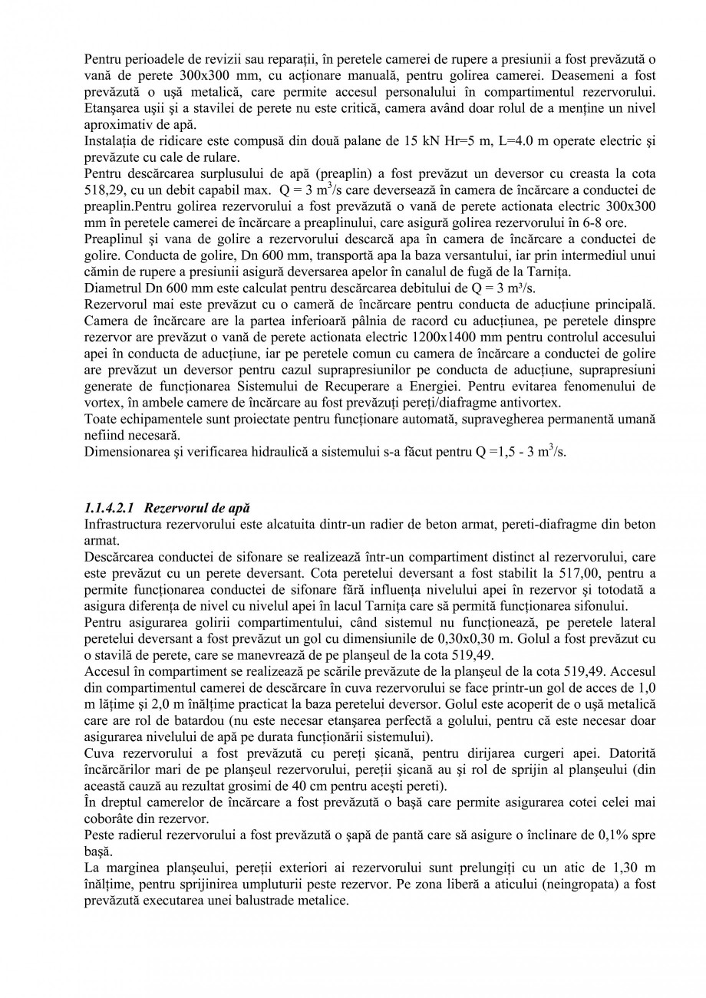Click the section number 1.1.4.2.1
tap(109, 508)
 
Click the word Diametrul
tap(111, 289)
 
